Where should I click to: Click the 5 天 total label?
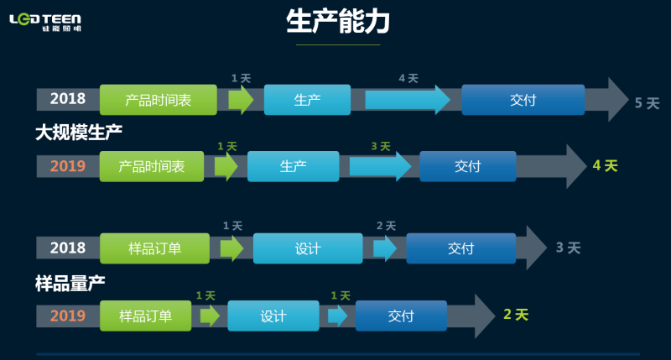click(647, 103)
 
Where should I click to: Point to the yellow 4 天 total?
click(605, 166)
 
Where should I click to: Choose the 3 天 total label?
click(568, 248)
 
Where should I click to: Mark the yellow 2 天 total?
click(516, 315)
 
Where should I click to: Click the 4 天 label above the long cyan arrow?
click(408, 78)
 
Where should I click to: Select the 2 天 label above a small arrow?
click(386, 226)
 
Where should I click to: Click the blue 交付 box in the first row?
click(523, 100)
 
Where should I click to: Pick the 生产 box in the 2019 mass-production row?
click(293, 166)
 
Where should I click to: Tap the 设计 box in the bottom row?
click(273, 316)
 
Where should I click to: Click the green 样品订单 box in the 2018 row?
click(154, 248)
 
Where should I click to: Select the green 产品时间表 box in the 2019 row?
click(151, 166)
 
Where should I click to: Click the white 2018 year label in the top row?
click(68, 99)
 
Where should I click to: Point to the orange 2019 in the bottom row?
click(68, 316)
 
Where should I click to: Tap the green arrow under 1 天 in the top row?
click(242, 100)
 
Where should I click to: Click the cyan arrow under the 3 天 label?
click(379, 166)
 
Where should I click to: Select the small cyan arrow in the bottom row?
click(337, 316)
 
